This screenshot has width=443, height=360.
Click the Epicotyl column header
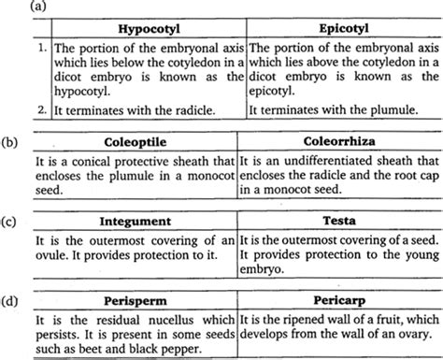[x=340, y=28]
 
